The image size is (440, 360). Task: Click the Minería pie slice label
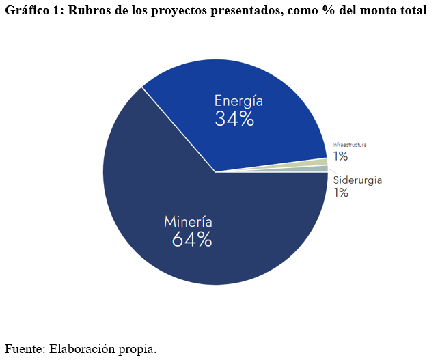(x=188, y=222)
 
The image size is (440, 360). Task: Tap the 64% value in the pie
(x=192, y=240)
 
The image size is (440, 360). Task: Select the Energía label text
(x=238, y=100)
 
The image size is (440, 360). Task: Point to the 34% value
(x=234, y=119)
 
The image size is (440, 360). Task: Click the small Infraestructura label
(x=349, y=145)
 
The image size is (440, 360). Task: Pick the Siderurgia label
(x=357, y=180)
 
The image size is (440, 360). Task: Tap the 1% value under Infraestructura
(x=340, y=156)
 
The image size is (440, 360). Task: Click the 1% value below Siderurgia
(x=340, y=193)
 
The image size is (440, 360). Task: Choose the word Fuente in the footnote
(x=24, y=348)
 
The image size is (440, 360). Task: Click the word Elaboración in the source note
(x=83, y=348)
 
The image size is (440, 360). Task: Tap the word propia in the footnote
(x=139, y=348)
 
